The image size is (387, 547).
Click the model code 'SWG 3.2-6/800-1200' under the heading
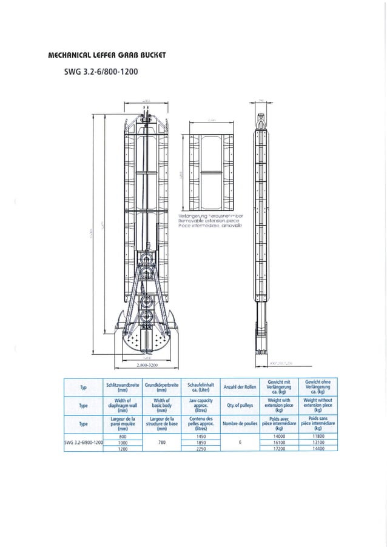(x=101, y=72)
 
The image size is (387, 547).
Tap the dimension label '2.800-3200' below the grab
(x=147, y=366)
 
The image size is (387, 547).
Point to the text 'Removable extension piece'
(x=210, y=221)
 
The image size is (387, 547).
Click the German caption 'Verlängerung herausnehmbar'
(x=211, y=216)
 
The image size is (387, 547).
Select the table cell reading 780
(x=161, y=443)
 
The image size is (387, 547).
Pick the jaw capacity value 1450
(x=201, y=437)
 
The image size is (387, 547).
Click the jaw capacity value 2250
(x=201, y=449)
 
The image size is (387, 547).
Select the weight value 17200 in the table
(x=279, y=449)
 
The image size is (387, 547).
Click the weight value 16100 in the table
(x=279, y=443)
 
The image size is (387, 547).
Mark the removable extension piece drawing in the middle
(x=211, y=172)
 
